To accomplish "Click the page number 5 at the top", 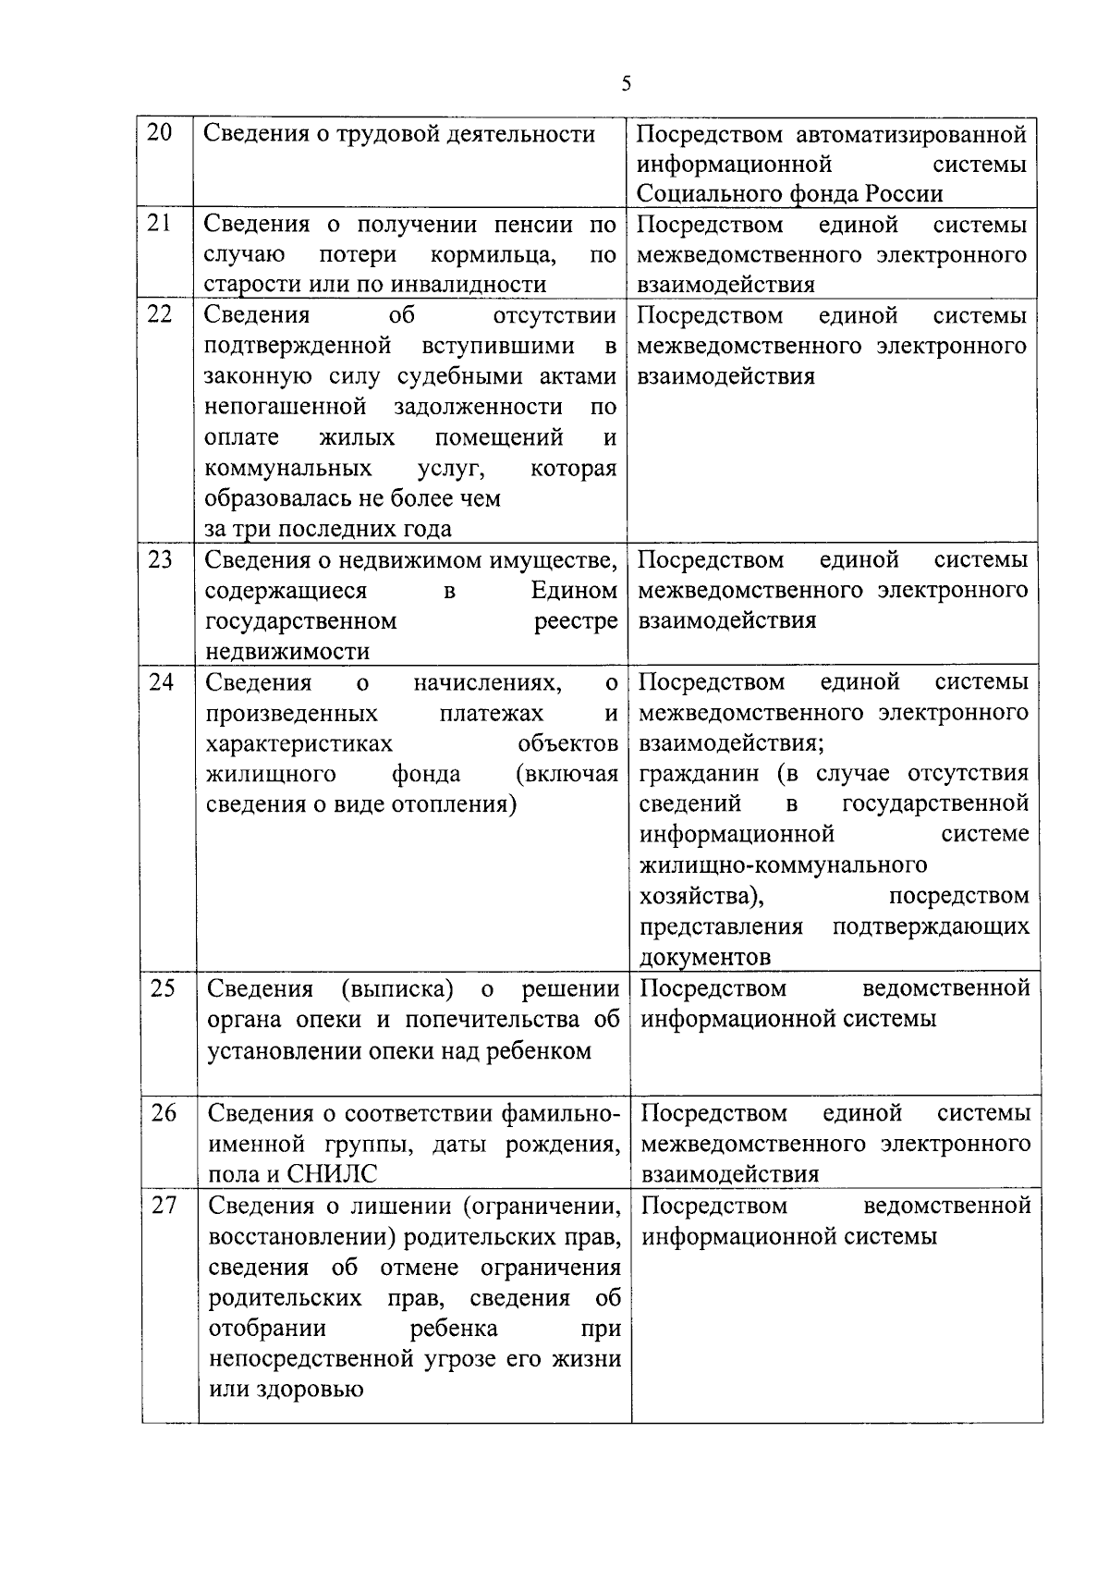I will pos(627,84).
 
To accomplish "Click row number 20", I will pos(160,133).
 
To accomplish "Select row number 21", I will pos(160,224).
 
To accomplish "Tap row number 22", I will pos(160,314).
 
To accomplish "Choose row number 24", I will pos(162,681).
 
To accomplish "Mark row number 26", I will pos(164,1112).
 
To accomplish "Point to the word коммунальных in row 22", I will pos(288,468).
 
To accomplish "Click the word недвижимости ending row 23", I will pos(287,651).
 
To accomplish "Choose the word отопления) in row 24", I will pos(455,804).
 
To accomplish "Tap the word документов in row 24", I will pos(705,957).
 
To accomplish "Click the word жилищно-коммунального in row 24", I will pos(784,865).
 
